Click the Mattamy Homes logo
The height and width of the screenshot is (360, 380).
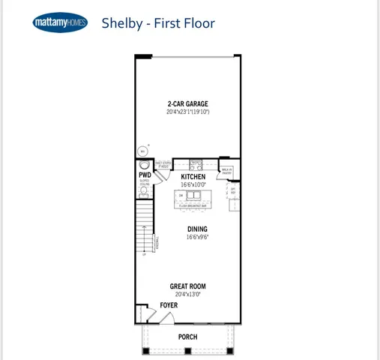(60, 23)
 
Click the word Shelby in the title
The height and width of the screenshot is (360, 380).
(121, 23)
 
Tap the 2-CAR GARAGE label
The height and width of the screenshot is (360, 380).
(187, 103)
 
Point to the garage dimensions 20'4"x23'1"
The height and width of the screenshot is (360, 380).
(187, 112)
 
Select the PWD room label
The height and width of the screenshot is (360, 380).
(144, 175)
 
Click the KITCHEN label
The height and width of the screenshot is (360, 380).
(193, 176)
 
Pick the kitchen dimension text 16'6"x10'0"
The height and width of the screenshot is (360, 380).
(193, 184)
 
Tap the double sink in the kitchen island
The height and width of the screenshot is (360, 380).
(193, 196)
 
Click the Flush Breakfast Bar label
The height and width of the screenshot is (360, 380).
(193, 206)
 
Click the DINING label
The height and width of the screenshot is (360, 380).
(198, 229)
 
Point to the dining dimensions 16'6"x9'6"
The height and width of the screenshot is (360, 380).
(198, 237)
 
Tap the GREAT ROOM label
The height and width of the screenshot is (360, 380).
(187, 286)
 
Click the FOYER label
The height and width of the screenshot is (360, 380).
(169, 306)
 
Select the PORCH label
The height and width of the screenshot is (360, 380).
(187, 337)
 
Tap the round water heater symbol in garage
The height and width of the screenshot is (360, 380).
(142, 149)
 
